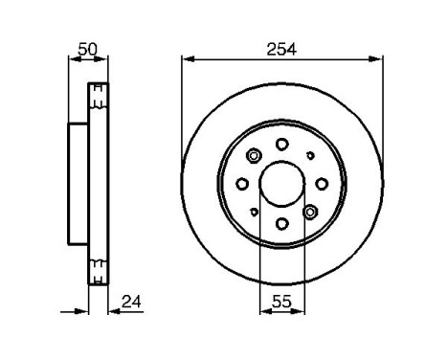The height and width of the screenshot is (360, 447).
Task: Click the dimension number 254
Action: [281, 48]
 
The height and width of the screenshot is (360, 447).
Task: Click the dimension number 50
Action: [86, 48]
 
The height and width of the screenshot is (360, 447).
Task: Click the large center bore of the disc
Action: [281, 184]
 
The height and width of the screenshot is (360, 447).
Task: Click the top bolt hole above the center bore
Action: [281, 144]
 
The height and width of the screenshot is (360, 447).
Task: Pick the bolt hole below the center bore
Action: [281, 224]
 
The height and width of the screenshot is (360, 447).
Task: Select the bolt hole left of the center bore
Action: [242, 184]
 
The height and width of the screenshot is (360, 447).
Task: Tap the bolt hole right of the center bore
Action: [322, 184]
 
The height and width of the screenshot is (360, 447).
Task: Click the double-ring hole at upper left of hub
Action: [254, 156]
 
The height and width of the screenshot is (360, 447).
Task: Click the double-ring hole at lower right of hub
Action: [309, 212]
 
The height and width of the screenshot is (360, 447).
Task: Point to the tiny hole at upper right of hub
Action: [309, 155]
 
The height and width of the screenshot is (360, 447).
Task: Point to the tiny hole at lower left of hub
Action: [254, 212]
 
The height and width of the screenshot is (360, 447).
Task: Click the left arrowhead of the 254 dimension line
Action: [186, 59]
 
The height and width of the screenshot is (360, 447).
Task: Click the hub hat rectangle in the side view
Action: [78, 184]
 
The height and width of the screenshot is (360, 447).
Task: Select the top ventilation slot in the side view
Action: [97, 95]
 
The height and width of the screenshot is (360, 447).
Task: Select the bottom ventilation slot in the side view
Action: [97, 271]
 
